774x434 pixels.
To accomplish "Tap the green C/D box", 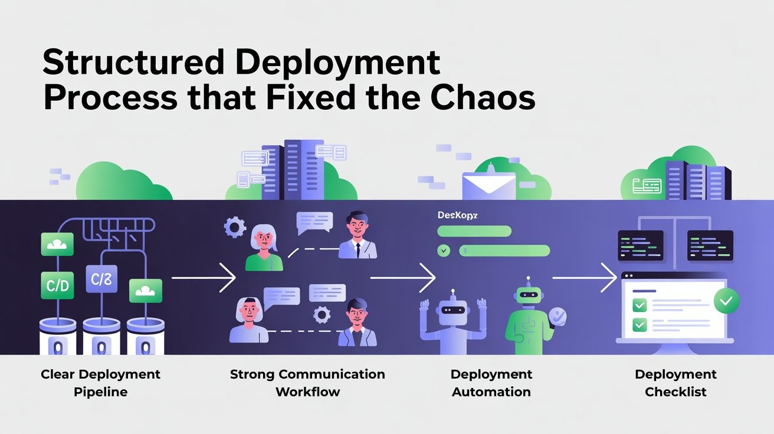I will [57, 286].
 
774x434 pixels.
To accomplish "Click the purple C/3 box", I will [101, 279].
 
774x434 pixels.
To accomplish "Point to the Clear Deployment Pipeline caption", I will [100, 383].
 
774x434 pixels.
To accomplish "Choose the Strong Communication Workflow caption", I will [307, 383].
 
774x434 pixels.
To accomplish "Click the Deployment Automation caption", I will [491, 383].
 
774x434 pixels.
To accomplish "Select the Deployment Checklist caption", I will [675, 383].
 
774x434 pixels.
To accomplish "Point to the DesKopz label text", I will [457, 215].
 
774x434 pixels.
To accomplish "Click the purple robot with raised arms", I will [452, 321].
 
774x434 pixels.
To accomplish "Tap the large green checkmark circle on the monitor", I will [726, 301].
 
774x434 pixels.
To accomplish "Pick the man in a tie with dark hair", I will [358, 236].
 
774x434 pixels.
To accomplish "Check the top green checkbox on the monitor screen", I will [639, 305].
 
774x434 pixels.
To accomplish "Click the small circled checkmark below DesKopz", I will [444, 251].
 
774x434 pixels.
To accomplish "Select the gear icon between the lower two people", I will [322, 315].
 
